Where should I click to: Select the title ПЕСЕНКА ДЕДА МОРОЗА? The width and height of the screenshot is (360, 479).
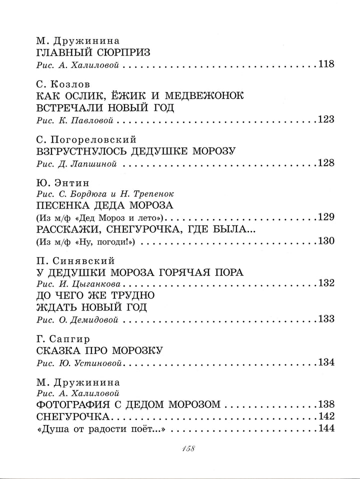(x=105, y=205)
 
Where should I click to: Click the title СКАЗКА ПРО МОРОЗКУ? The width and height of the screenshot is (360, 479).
(x=100, y=350)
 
